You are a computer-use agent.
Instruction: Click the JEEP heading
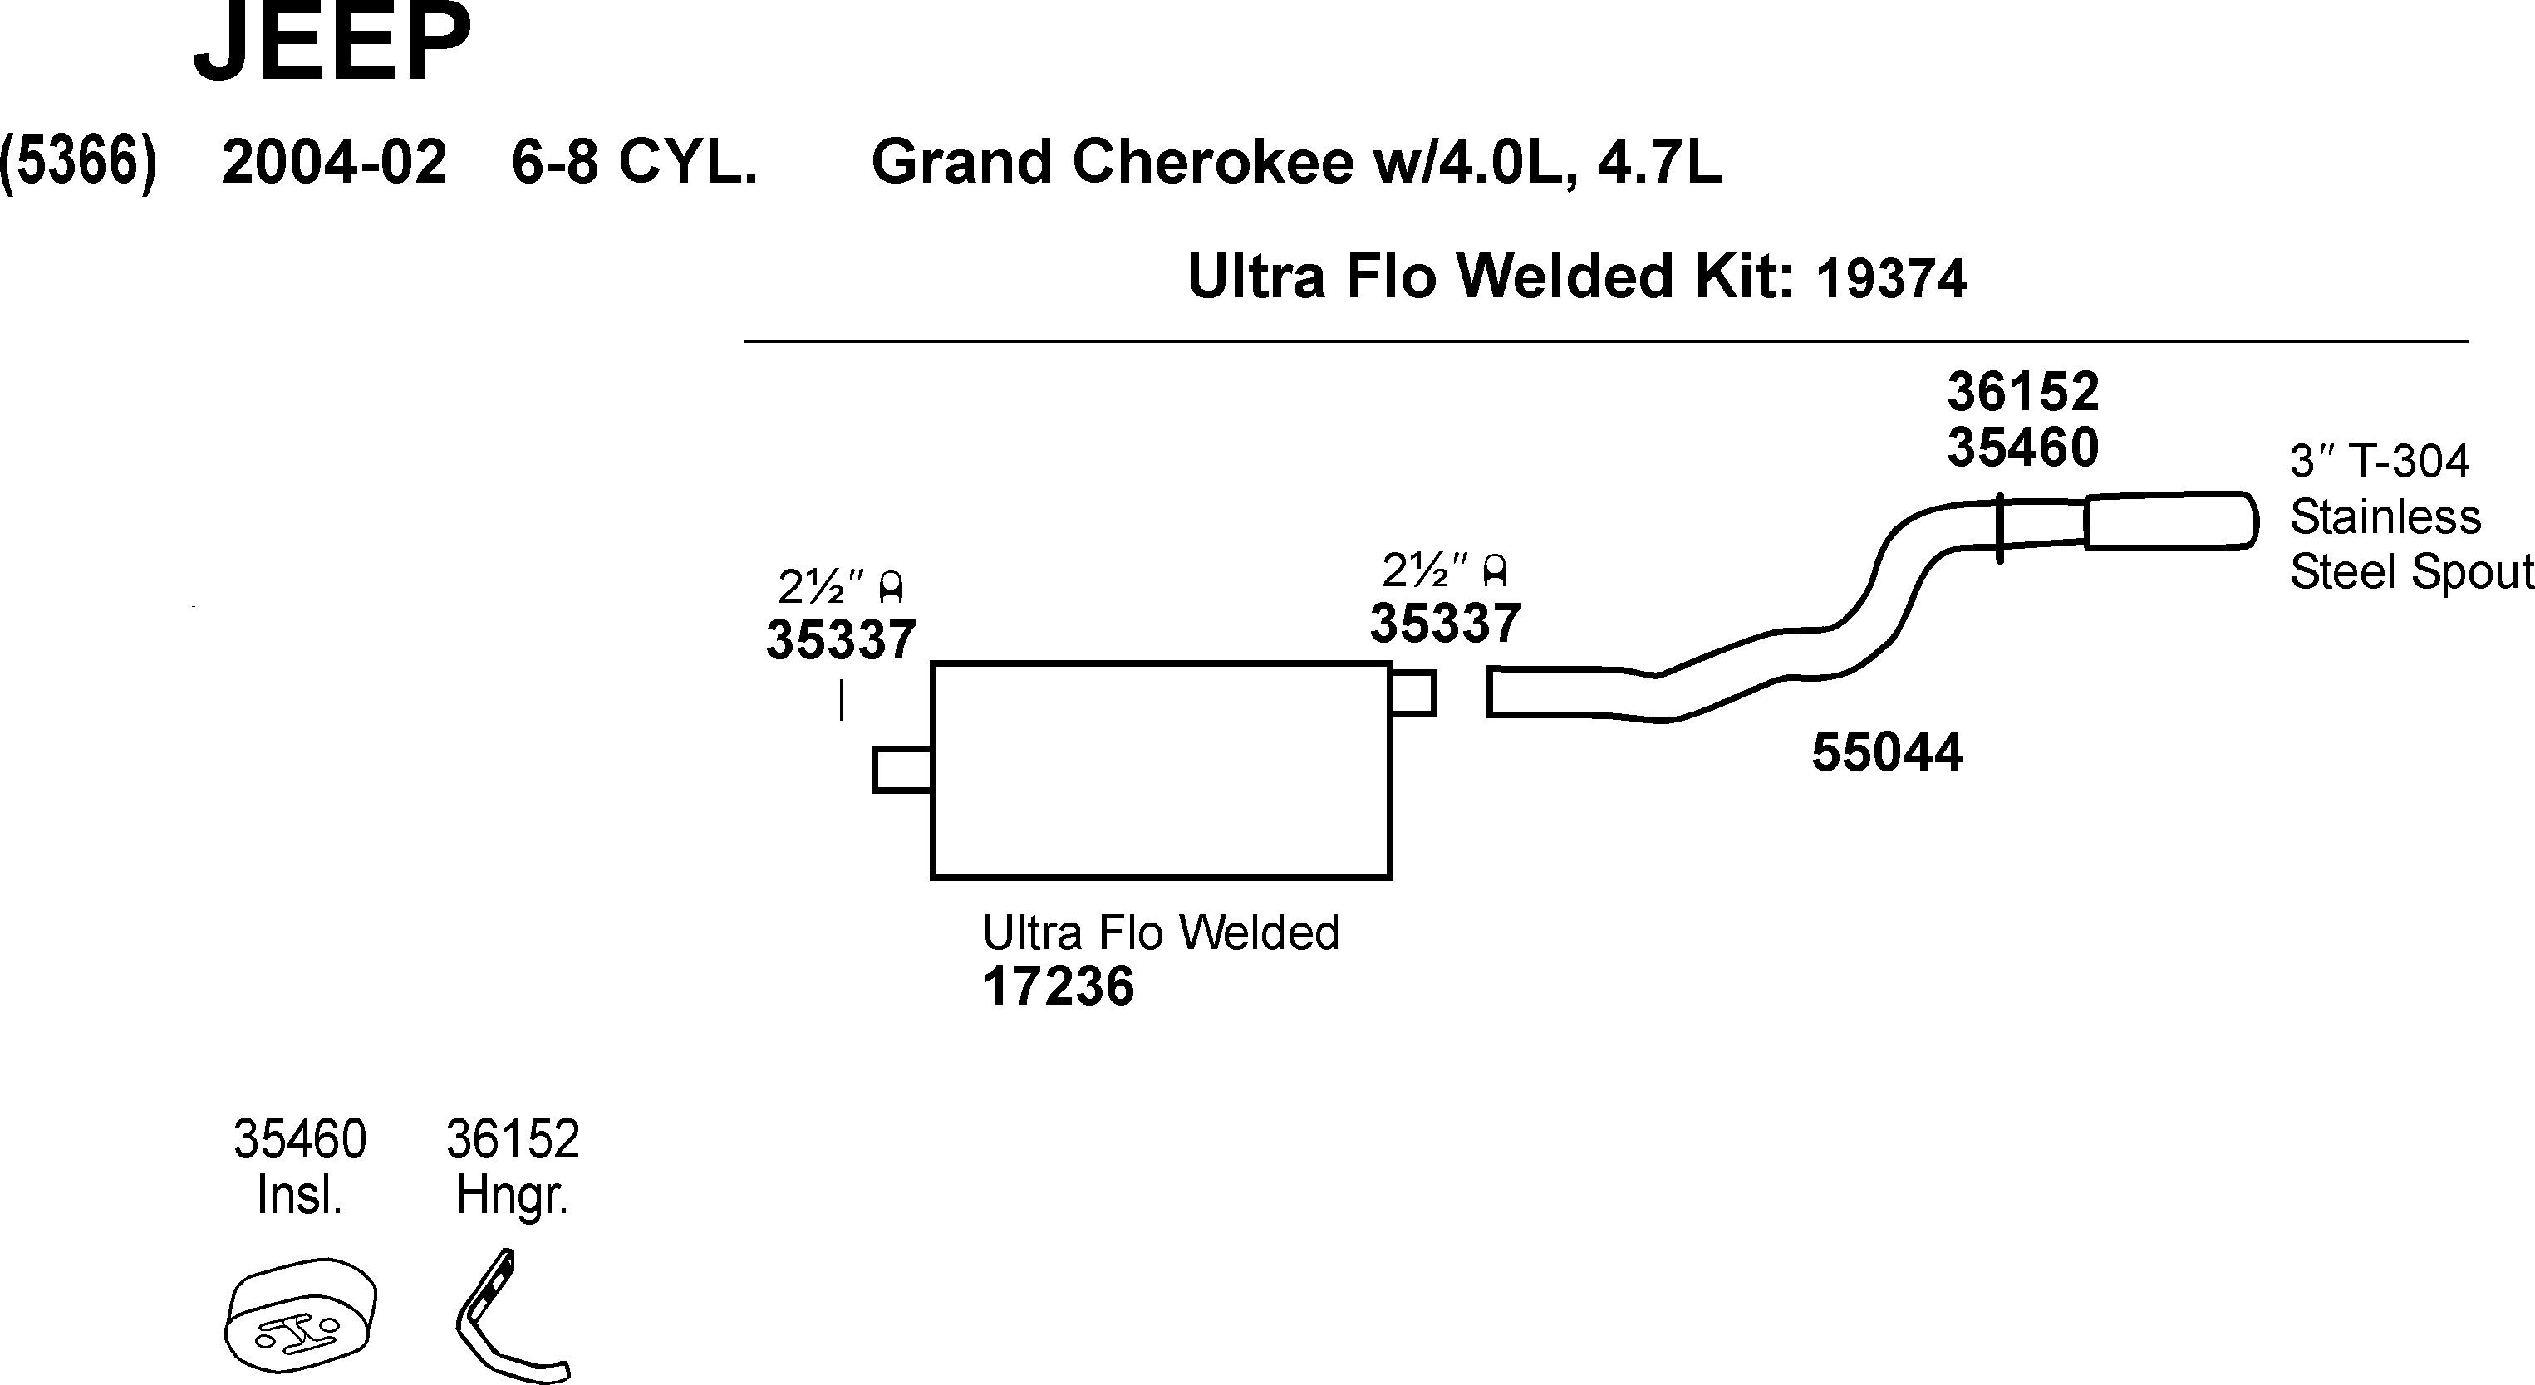332,44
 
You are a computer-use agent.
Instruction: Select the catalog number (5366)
79,161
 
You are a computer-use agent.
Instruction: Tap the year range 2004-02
334,162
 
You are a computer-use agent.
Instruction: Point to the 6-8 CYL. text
635,162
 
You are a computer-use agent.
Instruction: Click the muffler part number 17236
1058,986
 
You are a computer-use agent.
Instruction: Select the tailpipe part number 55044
1886,753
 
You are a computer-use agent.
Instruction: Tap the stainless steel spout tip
2170,521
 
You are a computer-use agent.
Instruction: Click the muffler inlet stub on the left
901,769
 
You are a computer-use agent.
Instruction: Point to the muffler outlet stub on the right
1413,692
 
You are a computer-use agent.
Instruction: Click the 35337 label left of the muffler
842,640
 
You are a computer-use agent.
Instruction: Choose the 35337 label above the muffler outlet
1446,623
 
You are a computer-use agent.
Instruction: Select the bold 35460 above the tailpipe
2022,448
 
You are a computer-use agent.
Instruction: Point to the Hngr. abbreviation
513,1197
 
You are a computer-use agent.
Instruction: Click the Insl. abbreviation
299,1197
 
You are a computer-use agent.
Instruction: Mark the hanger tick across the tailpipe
2000,528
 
